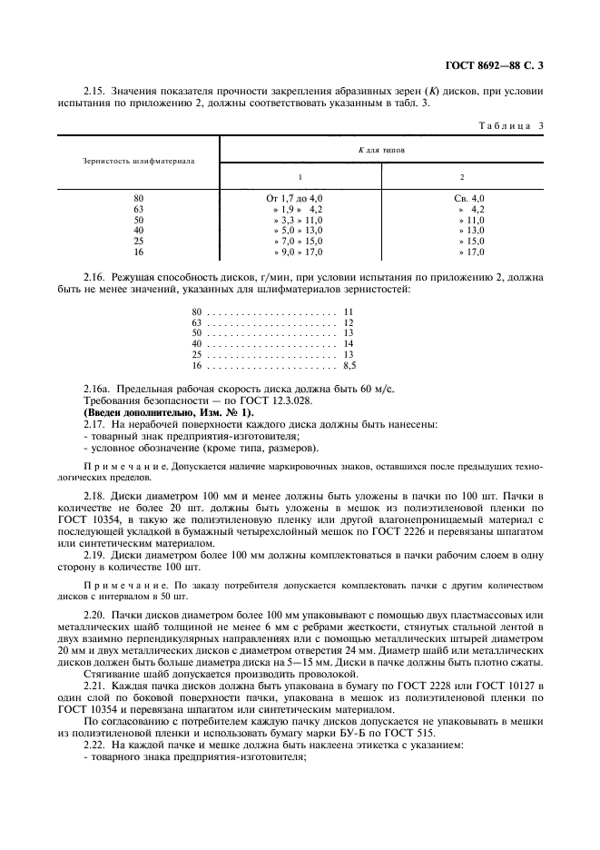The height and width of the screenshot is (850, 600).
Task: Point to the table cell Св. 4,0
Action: [x=470, y=198]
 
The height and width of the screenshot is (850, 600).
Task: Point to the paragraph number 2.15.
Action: [x=93, y=91]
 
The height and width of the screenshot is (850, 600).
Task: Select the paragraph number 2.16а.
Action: [x=96, y=389]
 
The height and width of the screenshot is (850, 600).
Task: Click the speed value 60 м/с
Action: [x=379, y=389]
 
